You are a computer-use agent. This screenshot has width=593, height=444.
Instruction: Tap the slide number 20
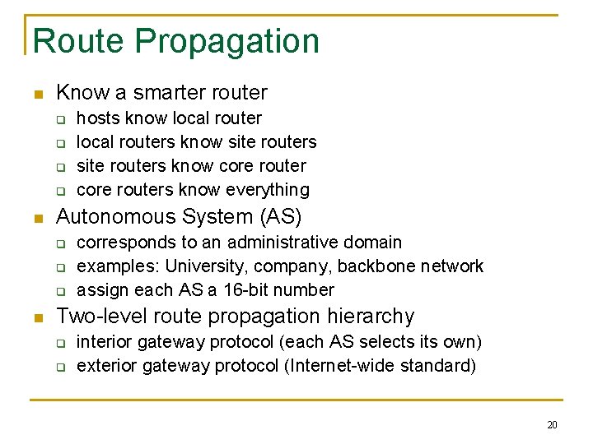tap(552, 425)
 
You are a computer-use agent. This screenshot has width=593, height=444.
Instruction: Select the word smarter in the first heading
tap(165, 93)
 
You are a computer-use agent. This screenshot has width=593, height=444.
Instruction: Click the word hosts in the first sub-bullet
tap(98, 118)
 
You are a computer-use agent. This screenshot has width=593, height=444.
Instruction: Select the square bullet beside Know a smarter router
tap(35, 95)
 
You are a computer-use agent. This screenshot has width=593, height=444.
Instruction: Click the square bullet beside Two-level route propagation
tap(35, 318)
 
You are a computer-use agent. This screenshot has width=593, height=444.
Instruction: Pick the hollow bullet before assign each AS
tap(60, 291)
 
